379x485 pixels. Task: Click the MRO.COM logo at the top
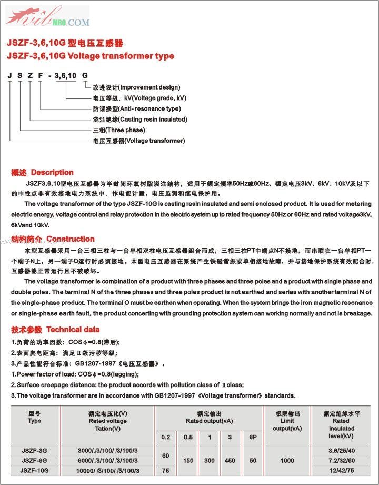pos(47,16)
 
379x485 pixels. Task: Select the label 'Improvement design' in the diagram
pos(136,87)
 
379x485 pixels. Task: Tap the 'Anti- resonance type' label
pos(136,108)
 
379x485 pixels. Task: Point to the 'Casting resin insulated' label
pos(139,120)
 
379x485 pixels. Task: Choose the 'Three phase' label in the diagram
pos(119,130)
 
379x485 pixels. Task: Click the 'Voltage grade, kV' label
pos(139,98)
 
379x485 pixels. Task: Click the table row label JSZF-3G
pos(34,450)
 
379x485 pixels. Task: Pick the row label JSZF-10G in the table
pos(34,470)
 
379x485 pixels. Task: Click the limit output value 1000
pos(287,460)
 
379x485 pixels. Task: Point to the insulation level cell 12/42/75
pos(341,470)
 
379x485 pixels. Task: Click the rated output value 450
pos(230,460)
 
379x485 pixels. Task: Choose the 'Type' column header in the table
pos(34,421)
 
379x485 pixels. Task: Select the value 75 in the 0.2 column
pos(166,470)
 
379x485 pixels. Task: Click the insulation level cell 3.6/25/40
pos(341,450)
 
